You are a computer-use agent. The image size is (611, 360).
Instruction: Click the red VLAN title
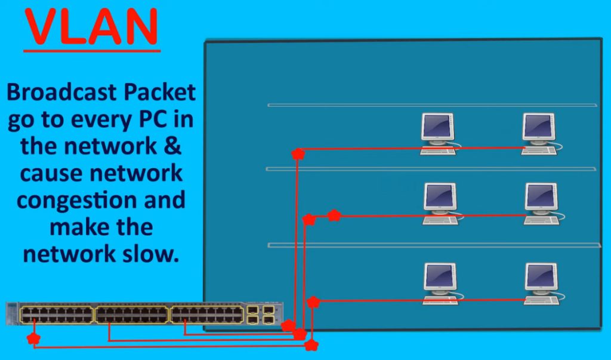pyautogui.click(x=91, y=26)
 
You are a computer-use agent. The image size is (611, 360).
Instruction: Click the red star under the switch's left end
pyautogui.click(x=34, y=339)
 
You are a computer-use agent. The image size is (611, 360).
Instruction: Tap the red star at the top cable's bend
pyautogui.click(x=297, y=153)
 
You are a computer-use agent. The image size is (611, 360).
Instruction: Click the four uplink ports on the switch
pyautogui.click(x=261, y=315)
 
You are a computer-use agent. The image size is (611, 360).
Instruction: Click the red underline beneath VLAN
pyautogui.click(x=92, y=51)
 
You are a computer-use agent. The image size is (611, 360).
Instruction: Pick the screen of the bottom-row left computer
pyautogui.click(x=440, y=276)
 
